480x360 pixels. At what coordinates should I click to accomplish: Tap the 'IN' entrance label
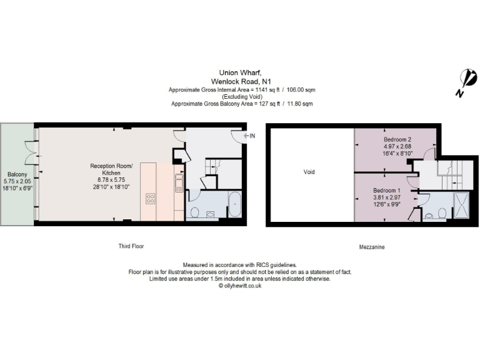[x=250, y=136]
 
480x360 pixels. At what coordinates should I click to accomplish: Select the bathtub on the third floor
[x=235, y=206]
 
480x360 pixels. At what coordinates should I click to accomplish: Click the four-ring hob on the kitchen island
[x=151, y=199]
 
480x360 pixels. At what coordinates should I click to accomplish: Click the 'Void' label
[x=310, y=172]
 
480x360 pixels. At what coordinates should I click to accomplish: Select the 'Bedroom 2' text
[x=396, y=139]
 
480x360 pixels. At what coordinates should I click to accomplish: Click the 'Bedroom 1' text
[x=386, y=190]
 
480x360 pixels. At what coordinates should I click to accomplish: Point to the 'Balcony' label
[x=16, y=174]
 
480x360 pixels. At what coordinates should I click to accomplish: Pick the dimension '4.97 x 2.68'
[x=396, y=146]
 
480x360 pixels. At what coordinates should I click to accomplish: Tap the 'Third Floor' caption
[x=131, y=246]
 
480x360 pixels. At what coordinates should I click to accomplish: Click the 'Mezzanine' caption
[x=371, y=247]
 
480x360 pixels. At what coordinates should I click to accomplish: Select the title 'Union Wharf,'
[x=239, y=72]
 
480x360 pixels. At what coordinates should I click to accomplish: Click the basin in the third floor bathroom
[x=210, y=214]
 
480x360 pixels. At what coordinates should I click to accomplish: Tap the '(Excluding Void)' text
[x=239, y=97]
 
